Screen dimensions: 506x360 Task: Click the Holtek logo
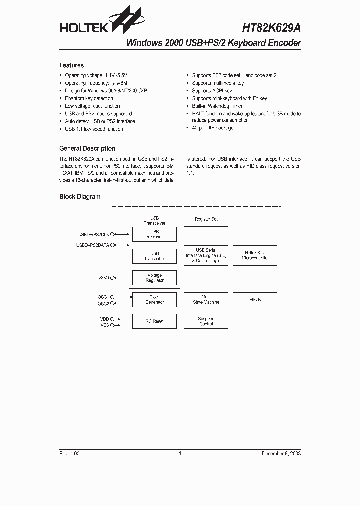97,22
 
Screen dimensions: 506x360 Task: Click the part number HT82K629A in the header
271,29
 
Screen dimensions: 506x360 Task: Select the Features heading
71,65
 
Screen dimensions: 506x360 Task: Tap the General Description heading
87,148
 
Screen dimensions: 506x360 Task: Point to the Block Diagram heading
80,197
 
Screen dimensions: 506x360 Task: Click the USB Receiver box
154,234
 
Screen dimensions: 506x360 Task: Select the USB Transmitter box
154,256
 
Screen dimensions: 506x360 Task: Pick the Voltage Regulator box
154,278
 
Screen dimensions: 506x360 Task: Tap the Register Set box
206,219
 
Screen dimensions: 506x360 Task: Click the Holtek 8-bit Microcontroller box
255,255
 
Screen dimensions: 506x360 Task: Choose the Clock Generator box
154,300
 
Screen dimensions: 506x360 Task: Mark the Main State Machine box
206,300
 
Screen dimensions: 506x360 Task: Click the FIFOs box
255,300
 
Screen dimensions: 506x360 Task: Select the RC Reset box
154,321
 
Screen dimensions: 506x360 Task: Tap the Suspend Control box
206,321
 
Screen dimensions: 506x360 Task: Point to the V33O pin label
103,278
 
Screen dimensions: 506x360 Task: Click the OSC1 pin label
103,297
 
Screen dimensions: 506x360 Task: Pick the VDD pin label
104,318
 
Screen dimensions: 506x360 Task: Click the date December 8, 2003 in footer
281,453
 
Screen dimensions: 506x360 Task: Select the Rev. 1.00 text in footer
69,453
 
